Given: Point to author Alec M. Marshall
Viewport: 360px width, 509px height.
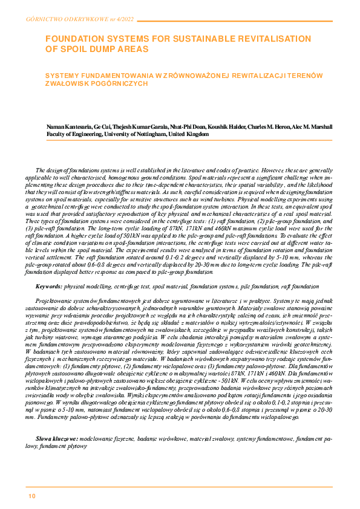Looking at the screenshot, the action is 309,126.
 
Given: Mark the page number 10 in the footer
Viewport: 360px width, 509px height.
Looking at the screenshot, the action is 31,496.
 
